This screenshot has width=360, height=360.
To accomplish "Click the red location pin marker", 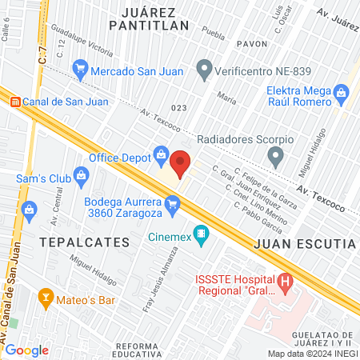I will (x=181, y=163).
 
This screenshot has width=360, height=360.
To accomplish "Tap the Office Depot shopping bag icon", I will (x=161, y=154).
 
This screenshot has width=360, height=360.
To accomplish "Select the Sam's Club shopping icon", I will (x=81, y=174).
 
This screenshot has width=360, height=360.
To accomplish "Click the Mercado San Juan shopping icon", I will (x=79, y=70).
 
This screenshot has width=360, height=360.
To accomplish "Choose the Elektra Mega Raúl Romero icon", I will (x=342, y=94).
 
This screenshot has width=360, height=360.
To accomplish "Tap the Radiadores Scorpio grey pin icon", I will (x=276, y=157).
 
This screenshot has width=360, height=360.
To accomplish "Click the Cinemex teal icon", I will (x=202, y=236).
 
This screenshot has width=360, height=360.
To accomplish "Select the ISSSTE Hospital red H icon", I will (x=284, y=282).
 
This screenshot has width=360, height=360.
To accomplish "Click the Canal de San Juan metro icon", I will (x=15, y=101).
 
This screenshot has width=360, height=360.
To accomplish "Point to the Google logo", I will (x=26, y=350).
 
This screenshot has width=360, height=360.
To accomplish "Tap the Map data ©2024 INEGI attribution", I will (x=312, y=353).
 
